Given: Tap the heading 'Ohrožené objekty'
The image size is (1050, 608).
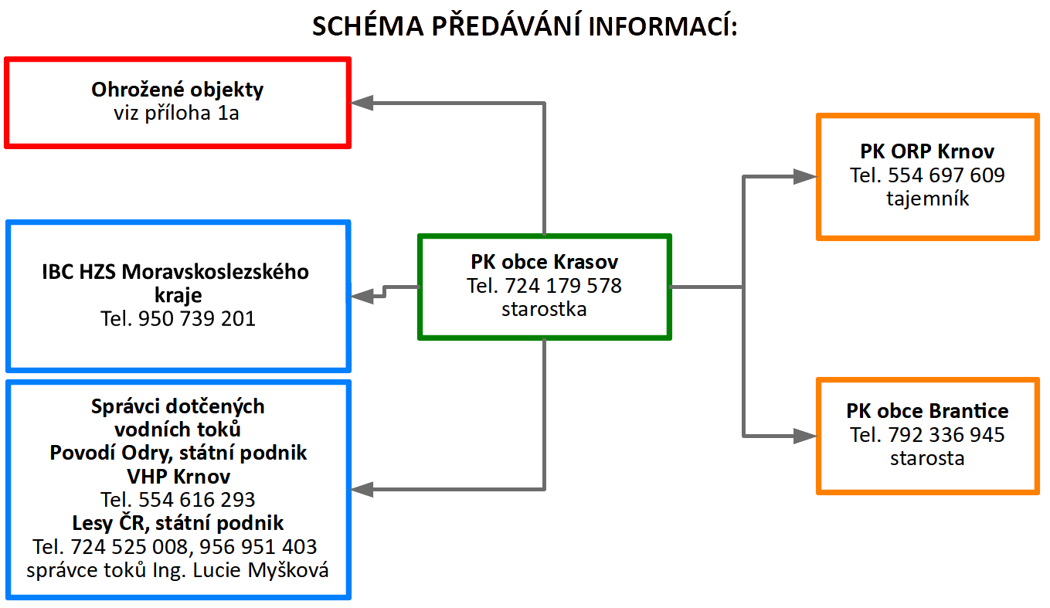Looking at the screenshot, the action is coord(177,90).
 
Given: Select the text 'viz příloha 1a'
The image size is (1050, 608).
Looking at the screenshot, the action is coord(176,114).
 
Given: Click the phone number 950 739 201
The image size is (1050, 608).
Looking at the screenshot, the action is coord(197,319).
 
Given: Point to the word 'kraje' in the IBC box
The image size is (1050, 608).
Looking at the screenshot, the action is coord(178,296).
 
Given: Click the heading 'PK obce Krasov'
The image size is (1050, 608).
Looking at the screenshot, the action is coord(544,262).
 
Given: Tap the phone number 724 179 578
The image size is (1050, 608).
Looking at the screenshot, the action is coord(563,286).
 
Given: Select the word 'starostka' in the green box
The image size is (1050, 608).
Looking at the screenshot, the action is coord(544,309).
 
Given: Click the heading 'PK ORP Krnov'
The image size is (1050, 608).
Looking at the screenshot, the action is coord(927,151).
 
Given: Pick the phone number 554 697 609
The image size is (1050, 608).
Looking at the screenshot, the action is coord(946,175).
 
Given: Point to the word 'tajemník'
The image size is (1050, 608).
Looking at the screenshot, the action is coord(927,199).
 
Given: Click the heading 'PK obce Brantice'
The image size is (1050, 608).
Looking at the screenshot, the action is coord(927,411).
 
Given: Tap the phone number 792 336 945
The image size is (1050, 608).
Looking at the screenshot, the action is coord(946,435).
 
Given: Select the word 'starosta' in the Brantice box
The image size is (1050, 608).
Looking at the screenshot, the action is coord(927,458).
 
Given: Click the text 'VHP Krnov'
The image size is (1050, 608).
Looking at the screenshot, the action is coord(178,477).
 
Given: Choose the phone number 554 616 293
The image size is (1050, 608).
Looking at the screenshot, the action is coord(197,500).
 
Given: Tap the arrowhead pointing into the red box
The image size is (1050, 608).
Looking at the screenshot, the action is coord(362,103).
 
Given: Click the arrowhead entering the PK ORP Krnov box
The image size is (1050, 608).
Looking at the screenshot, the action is coord(805,177).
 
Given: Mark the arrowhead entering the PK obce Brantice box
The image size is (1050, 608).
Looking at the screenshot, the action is coord(805,436).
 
